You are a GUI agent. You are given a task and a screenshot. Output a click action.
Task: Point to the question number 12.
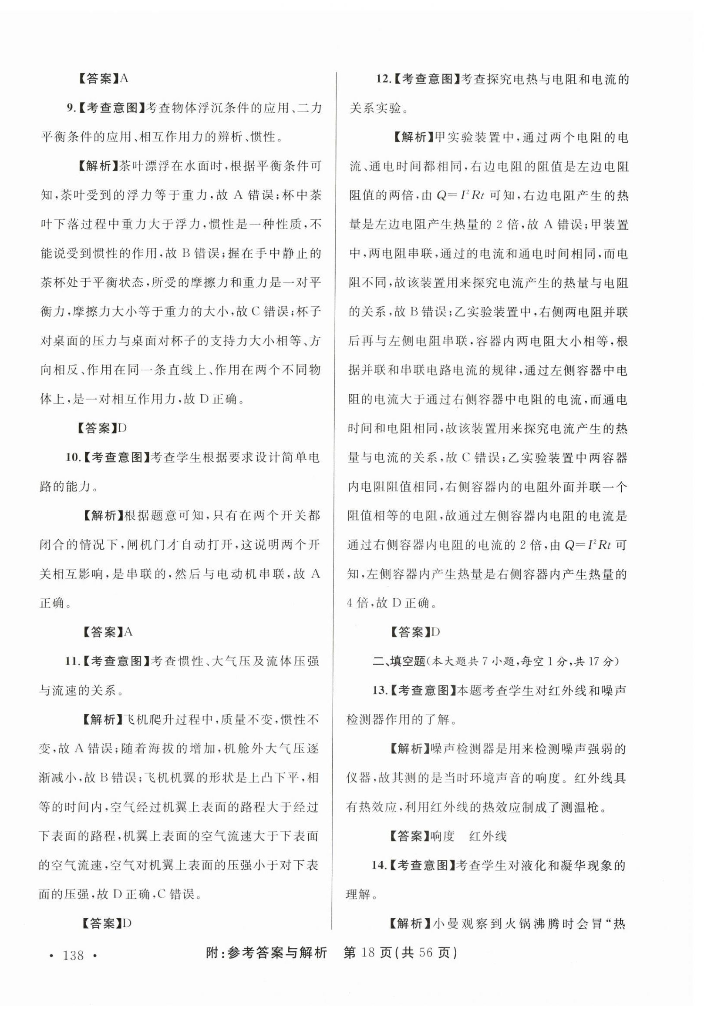coord(381,79)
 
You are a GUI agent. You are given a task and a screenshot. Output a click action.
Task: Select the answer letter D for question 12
coord(435,632)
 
